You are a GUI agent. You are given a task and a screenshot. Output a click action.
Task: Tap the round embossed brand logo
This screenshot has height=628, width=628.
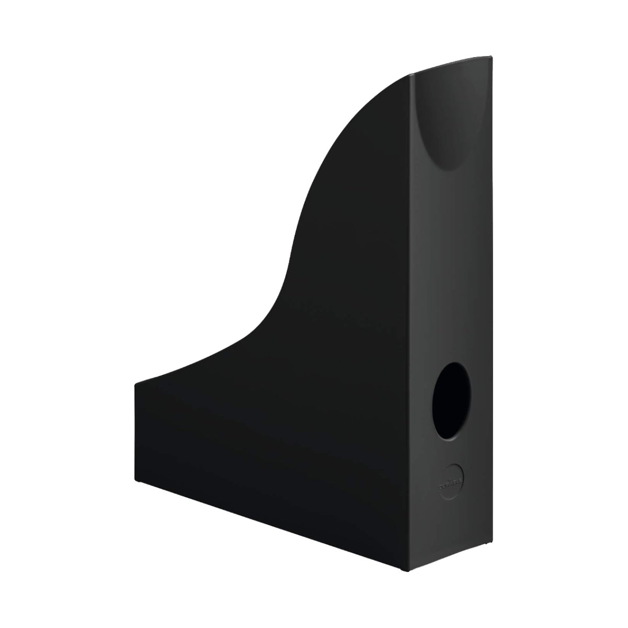pos(450,477)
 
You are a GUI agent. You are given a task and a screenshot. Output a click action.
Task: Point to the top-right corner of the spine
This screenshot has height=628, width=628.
pos(491,57)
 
